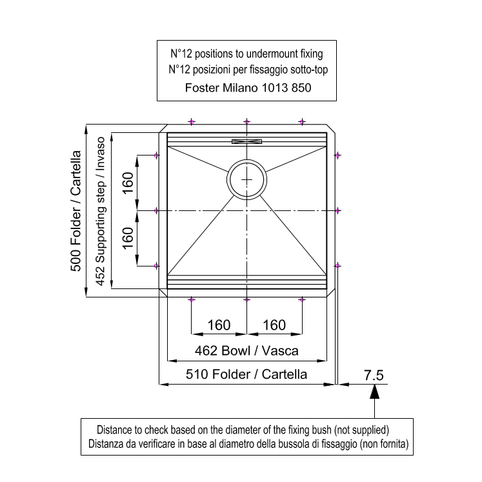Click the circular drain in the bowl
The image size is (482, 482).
pyautogui.click(x=247, y=160)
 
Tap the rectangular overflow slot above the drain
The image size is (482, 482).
pyautogui.click(x=247, y=142)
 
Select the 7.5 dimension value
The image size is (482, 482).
pyautogui.click(x=374, y=376)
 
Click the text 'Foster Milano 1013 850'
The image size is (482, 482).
pyautogui.click(x=248, y=88)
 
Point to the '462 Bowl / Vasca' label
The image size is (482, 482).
pyautogui.click(x=246, y=351)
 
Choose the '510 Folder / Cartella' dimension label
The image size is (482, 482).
pyautogui.click(x=246, y=374)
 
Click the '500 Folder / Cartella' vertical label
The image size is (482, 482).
pyautogui.click(x=75, y=211)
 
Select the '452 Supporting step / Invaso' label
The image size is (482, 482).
pyautogui.click(x=101, y=211)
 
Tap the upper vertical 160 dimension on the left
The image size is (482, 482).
pyautogui.click(x=128, y=183)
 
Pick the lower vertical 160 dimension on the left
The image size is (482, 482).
pyautogui.click(x=128, y=238)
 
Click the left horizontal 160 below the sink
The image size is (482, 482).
pyautogui.click(x=219, y=325)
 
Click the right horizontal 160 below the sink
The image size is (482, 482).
pyautogui.click(x=274, y=325)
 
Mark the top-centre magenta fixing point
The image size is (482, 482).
pyautogui.click(x=247, y=122)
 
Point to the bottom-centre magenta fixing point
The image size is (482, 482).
pyautogui.click(x=247, y=299)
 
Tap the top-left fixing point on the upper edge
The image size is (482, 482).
pyautogui.click(x=192, y=122)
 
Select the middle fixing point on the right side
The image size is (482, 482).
pyautogui.click(x=337, y=210)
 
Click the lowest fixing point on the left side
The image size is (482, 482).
pyautogui.click(x=156, y=266)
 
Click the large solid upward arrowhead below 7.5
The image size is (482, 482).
pyautogui.click(x=374, y=392)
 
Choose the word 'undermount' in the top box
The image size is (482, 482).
pyautogui.click(x=267, y=54)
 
